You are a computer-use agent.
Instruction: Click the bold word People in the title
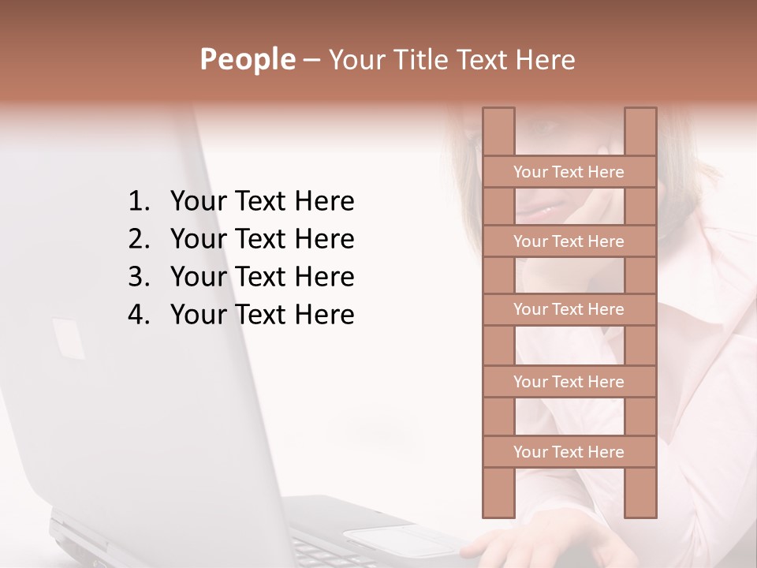[x=247, y=59]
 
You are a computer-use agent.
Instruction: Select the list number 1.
[x=138, y=202]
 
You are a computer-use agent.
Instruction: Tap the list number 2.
[x=138, y=239]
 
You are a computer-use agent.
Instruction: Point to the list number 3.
[x=138, y=277]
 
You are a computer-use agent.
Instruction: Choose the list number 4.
[x=138, y=315]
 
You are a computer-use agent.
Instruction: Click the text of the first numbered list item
[x=262, y=202]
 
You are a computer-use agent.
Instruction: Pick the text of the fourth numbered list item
[x=262, y=315]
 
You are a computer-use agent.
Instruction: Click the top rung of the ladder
[x=569, y=171]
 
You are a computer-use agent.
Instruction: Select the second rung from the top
[x=569, y=241]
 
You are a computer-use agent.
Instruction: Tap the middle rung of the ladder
[x=569, y=309]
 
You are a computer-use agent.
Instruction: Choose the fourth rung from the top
[x=569, y=381]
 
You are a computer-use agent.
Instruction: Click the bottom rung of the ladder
[x=569, y=451]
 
